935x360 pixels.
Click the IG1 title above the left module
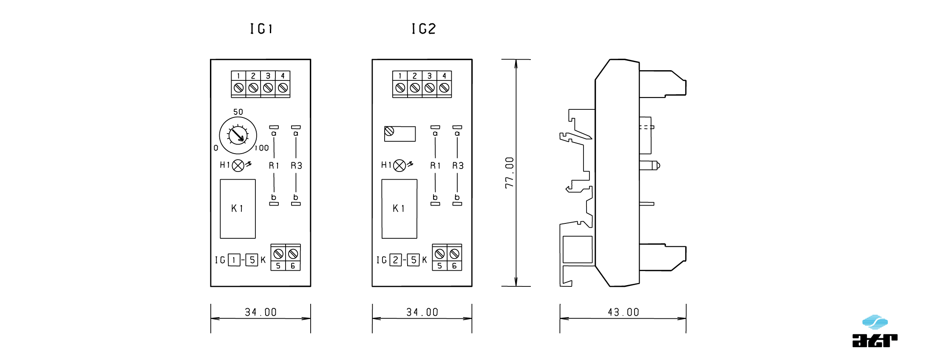pos(261,29)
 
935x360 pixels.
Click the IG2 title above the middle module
pos(423,29)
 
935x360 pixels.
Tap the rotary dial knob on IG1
pos(238,135)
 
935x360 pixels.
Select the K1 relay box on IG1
pos(238,209)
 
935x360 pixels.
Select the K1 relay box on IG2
pos(399,209)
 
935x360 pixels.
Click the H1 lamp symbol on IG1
pos(238,166)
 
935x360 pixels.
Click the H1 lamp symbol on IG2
pos(399,166)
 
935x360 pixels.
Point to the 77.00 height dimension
pos(510,172)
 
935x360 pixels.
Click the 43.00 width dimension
pos(623,312)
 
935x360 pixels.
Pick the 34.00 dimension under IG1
pos(261,312)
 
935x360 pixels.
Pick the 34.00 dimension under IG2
pos(422,312)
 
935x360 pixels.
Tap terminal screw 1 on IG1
pos(238,88)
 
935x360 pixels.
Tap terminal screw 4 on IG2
pos(444,88)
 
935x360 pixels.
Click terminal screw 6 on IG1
pos(293,254)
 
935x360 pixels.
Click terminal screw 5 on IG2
pos(440,254)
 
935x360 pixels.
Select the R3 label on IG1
pos(296,166)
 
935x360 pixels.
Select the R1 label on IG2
pos(435,166)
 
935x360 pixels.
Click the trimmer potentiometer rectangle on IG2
pos(399,134)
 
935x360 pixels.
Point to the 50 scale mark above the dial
pos(238,112)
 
